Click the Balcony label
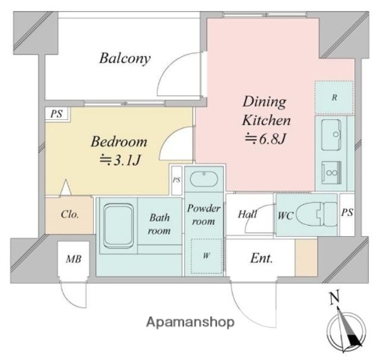[125, 59]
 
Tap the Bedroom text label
[119, 142]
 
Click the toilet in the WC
[317, 214]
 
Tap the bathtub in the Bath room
[119, 225]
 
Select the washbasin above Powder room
[204, 178]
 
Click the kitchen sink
[331, 135]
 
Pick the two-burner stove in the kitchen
[331, 172]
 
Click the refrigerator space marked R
[334, 97]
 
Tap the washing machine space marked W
[207, 256]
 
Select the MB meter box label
[74, 259]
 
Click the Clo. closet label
[70, 214]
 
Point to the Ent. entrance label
[261, 258]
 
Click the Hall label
[247, 214]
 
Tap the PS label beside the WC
[347, 212]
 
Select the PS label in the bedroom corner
[56, 114]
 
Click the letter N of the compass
[335, 298]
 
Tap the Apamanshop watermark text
[191, 322]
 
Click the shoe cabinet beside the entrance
[306, 257]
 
